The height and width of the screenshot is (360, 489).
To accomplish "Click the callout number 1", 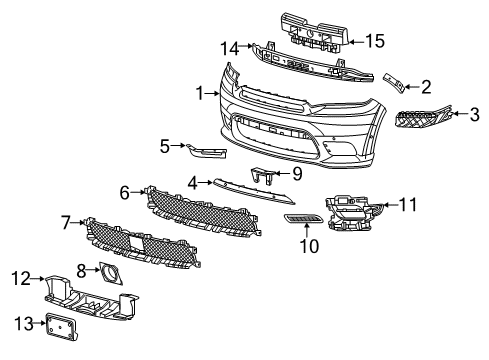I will click(x=201, y=93).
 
